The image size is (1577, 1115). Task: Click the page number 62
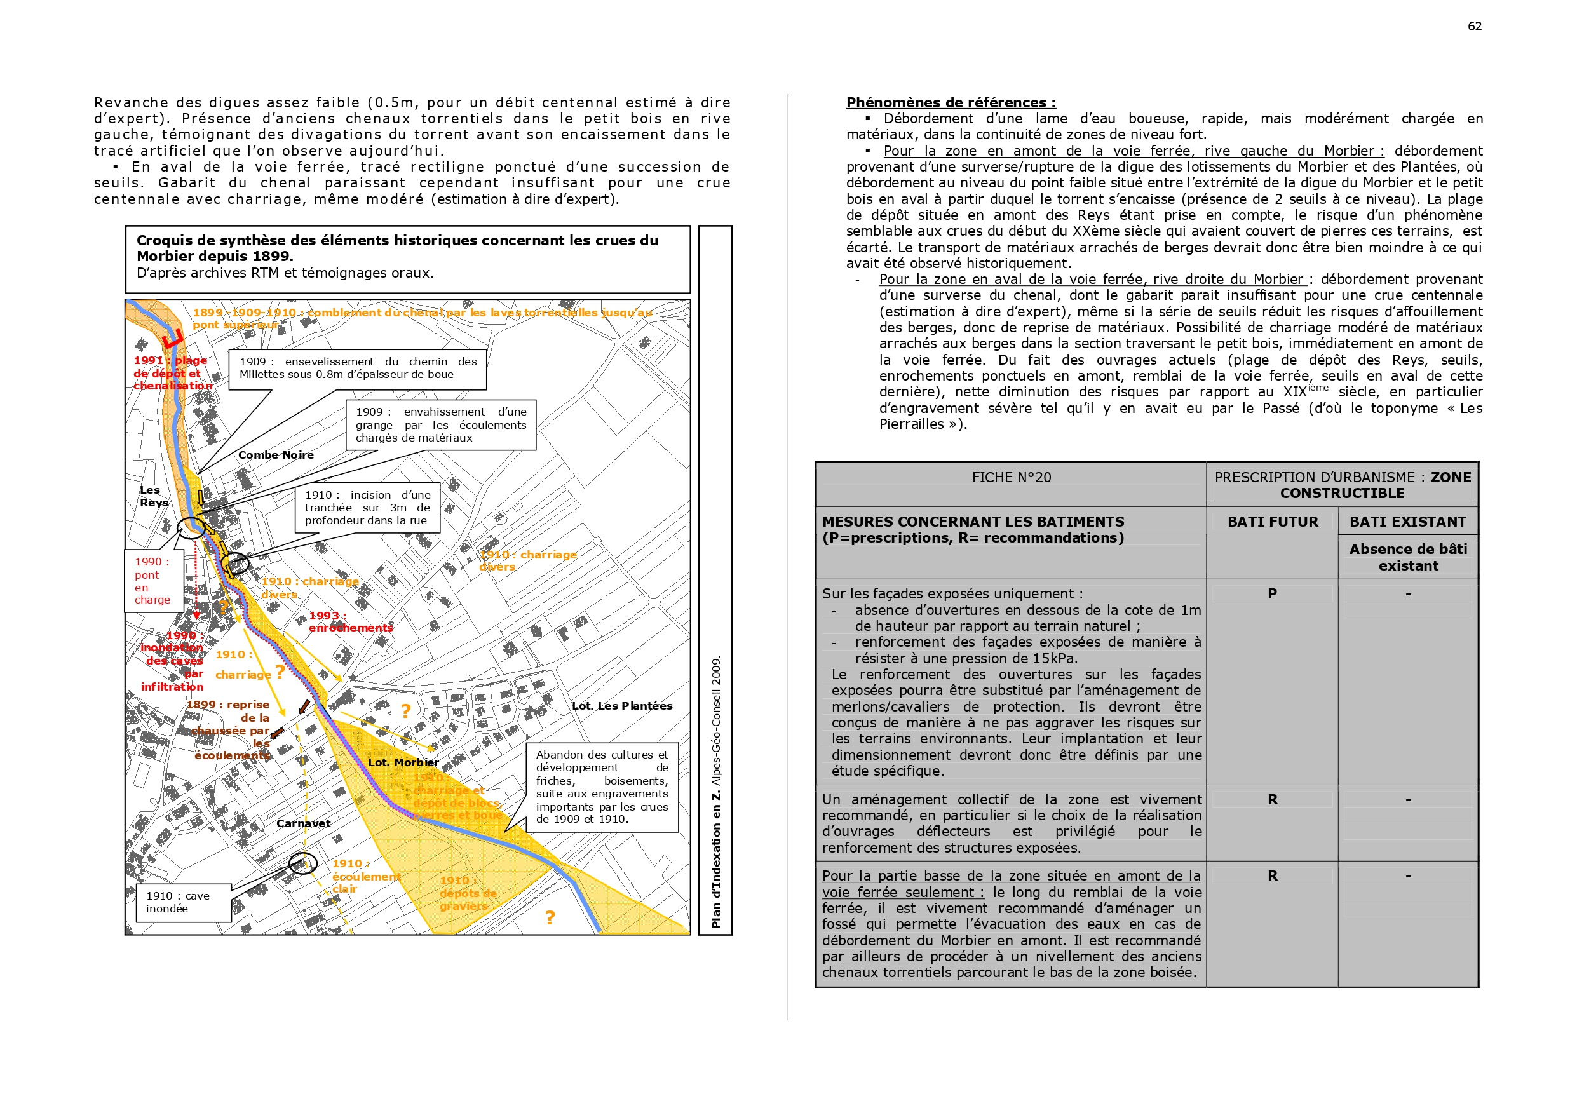tap(1474, 26)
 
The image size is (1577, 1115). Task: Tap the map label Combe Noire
tap(275, 455)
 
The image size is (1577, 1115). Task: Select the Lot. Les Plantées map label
tap(621, 706)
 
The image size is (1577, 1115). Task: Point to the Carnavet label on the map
tap(303, 823)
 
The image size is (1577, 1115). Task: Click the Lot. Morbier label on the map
tap(402, 762)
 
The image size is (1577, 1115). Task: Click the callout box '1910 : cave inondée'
tap(178, 902)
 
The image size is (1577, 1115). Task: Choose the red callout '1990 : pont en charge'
tap(152, 581)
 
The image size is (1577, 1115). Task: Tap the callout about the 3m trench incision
tap(367, 508)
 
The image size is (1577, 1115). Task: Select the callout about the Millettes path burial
tap(357, 368)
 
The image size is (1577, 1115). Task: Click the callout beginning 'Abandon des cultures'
tap(602, 787)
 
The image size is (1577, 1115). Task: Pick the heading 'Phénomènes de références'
tap(951, 102)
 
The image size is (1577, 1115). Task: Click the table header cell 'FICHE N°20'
tap(1011, 478)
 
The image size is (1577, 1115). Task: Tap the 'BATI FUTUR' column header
tap(1272, 522)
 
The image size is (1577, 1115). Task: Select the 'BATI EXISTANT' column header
tap(1407, 522)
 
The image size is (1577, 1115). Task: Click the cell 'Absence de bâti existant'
tap(1408, 557)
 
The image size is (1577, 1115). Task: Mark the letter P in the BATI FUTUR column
tap(1272, 593)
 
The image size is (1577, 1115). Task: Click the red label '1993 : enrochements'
tap(350, 622)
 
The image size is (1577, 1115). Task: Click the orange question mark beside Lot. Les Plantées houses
tap(406, 711)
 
